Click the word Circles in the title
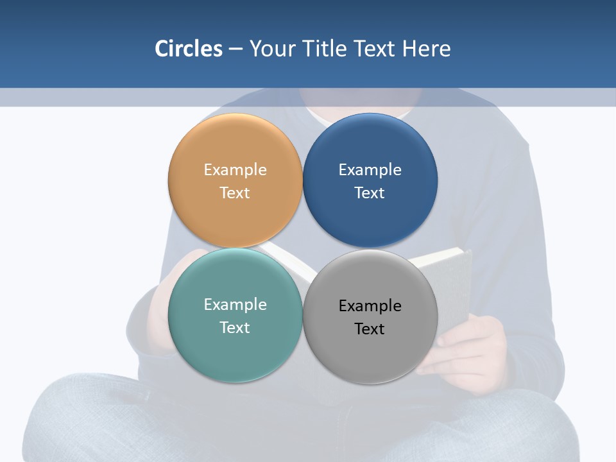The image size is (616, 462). tap(188, 49)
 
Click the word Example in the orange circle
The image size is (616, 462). tap(235, 170)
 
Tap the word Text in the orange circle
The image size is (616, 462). tap(235, 193)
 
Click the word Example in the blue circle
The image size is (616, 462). tap(370, 170)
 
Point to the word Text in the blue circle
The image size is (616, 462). tap(370, 193)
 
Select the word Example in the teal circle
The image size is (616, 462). tap(235, 305)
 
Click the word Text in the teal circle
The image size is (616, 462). tap(235, 328)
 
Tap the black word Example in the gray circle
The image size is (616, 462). tap(370, 306)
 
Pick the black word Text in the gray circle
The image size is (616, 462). tap(370, 329)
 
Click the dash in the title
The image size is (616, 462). tap(235, 49)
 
